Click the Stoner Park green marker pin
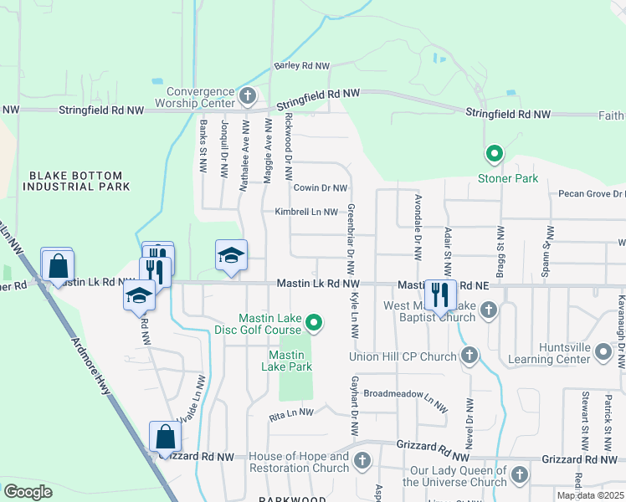pyautogui.click(x=494, y=153)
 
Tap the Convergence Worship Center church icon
pyautogui.click(x=247, y=97)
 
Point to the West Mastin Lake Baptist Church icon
pyautogui.click(x=489, y=312)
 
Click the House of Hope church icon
pyautogui.click(x=362, y=461)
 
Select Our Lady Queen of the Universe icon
pyautogui.click(x=519, y=475)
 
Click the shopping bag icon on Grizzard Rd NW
pyautogui.click(x=165, y=437)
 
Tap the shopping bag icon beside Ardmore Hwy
pyautogui.click(x=57, y=266)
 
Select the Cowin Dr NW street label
pyautogui.click(x=320, y=188)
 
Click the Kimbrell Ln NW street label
pyautogui.click(x=305, y=213)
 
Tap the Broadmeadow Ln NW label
pyautogui.click(x=401, y=393)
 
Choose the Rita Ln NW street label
pyautogui.click(x=290, y=412)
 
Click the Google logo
pyautogui.click(x=28, y=492)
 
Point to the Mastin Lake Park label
pyautogui.click(x=286, y=361)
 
